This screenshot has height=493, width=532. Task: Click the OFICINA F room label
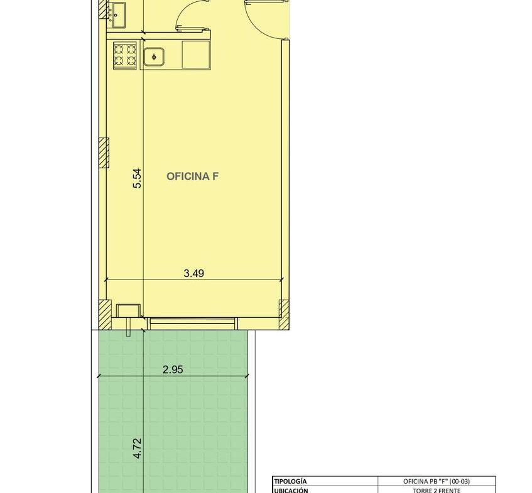click(192, 176)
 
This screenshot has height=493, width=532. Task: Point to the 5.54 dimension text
click(138, 178)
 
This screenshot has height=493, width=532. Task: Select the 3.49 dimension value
click(193, 273)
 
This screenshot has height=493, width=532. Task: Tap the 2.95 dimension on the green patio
click(173, 369)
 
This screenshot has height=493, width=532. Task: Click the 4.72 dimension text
click(138, 448)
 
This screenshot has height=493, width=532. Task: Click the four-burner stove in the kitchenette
click(124, 56)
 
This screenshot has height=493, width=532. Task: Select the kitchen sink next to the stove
click(154, 57)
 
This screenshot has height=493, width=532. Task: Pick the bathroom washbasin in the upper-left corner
click(117, 14)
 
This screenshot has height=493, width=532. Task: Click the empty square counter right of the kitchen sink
click(196, 55)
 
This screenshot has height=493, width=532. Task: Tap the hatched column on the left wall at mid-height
click(104, 153)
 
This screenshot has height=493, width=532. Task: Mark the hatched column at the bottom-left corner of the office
click(105, 315)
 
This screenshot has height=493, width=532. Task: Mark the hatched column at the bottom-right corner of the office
click(284, 315)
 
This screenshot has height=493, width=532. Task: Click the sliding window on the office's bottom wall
click(192, 323)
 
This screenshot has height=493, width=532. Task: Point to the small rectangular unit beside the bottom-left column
click(128, 310)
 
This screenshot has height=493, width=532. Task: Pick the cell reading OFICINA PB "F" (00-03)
click(437, 481)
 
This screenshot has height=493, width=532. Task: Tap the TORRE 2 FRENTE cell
click(437, 490)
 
